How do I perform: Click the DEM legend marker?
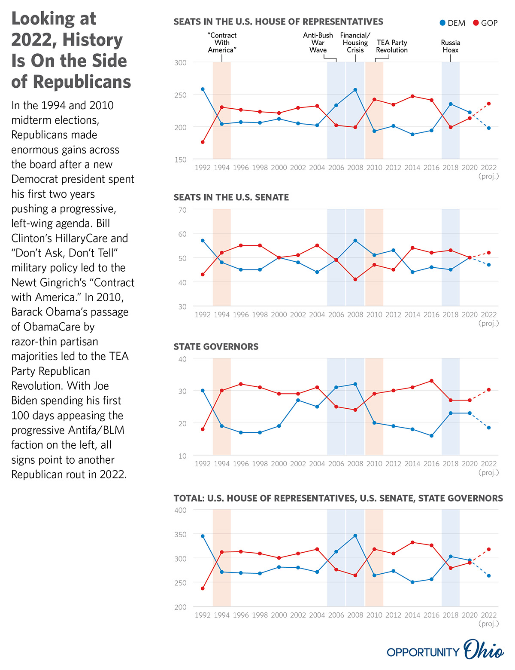tap(442, 23)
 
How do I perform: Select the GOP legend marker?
tap(476, 23)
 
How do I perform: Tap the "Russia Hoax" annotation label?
tap(450, 46)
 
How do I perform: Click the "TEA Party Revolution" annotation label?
tap(391, 46)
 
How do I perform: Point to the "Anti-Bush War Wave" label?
tap(318, 43)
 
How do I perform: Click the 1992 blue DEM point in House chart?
tap(203, 89)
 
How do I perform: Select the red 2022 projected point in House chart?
tap(488, 104)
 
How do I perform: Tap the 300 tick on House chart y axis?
tap(180, 63)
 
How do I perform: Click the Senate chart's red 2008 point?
tap(355, 279)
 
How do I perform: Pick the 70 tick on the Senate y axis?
tap(182, 210)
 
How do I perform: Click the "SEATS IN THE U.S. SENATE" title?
tap(231, 197)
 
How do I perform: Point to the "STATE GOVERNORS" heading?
tap(216, 346)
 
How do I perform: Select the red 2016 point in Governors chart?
tap(431, 381)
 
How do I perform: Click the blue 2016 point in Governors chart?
tap(431, 436)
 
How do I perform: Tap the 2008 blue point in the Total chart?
tap(355, 535)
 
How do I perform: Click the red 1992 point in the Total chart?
tap(203, 589)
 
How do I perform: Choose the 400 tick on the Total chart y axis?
tap(180, 510)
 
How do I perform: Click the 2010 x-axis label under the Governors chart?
tap(374, 464)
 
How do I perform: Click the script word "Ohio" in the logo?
tap(484, 650)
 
